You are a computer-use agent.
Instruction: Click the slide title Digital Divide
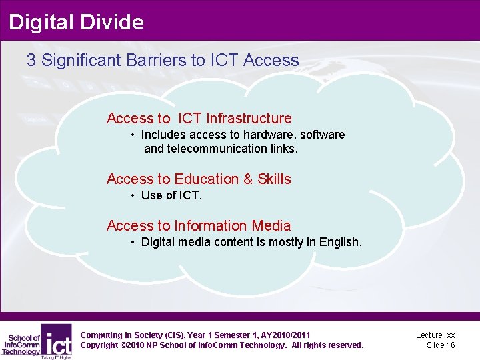[76, 22]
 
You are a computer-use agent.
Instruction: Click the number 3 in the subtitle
[31, 60]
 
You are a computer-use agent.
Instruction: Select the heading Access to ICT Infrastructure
[199, 119]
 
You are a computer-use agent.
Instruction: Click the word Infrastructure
[249, 119]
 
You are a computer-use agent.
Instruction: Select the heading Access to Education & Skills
[199, 179]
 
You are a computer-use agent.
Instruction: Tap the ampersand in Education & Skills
[248, 179]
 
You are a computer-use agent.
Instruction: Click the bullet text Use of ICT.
[171, 195]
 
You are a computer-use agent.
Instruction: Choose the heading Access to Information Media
[199, 226]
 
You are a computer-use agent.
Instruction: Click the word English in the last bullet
[339, 242]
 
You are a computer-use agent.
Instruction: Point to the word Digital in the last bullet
[157, 242]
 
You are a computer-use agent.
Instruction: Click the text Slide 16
[441, 345]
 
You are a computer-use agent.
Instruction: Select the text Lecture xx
[435, 335]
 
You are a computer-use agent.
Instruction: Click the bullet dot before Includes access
[134, 135]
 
